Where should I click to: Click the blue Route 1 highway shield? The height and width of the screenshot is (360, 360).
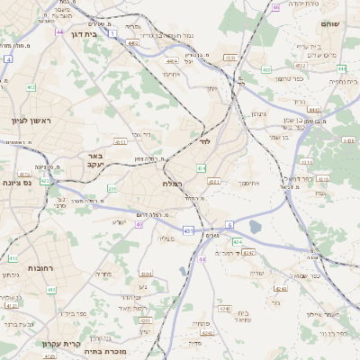pyautogui.click(x=113, y=33)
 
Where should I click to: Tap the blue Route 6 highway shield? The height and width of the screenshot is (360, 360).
pyautogui.click(x=229, y=224)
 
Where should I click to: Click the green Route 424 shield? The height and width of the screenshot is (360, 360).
pyautogui.click(x=237, y=242)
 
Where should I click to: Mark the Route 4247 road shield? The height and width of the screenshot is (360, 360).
pyautogui.click(x=248, y=253)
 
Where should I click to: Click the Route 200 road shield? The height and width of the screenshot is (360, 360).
pyautogui.click(x=112, y=188)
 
